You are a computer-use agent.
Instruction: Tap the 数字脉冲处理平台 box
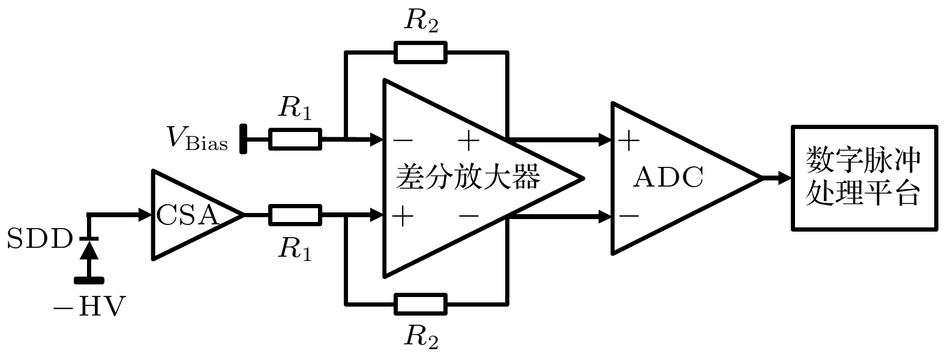[864, 178]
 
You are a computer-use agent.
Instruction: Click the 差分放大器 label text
[468, 178]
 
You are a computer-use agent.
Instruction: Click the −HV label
[89, 308]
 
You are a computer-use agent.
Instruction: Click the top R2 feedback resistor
[420, 52]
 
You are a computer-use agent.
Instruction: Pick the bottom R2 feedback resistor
[420, 304]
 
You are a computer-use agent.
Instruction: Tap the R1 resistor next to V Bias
[295, 139]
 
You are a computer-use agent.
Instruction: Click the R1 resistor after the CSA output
[295, 214]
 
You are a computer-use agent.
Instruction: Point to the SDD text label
[38, 240]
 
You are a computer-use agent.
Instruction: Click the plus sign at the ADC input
[628, 142]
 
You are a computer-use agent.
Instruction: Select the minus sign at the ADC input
[628, 215]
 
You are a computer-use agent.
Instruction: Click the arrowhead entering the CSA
[144, 214]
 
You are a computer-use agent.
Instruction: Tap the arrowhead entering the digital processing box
[783, 178]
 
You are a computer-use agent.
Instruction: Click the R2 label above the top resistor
[421, 21]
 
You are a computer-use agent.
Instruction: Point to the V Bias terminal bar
[244, 139]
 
